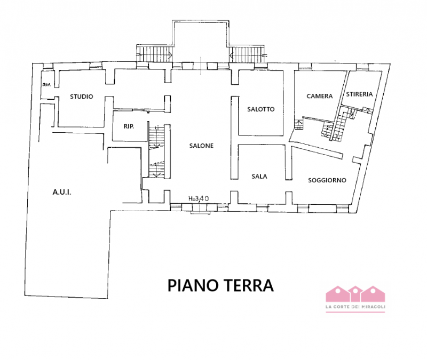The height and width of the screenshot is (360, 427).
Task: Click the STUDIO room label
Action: tap(82, 97)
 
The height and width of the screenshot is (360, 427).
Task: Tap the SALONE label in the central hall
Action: tap(201, 146)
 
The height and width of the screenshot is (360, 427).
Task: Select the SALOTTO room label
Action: tap(261, 109)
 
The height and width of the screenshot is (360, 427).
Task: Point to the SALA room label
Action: tap(259, 176)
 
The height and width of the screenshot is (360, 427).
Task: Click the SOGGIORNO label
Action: tap(327, 180)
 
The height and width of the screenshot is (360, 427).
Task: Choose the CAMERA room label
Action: tap(319, 96)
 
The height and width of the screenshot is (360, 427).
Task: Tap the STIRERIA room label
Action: tap(359, 94)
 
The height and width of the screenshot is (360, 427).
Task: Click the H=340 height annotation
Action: tap(199, 198)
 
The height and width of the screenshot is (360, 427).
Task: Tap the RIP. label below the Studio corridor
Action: tap(128, 126)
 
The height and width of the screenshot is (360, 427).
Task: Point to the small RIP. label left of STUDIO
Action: tap(46, 85)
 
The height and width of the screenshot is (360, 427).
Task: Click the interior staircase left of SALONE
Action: tap(156, 152)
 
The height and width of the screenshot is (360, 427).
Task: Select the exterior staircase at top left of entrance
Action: tap(154, 53)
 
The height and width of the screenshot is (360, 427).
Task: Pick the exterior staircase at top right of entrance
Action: tap(247, 53)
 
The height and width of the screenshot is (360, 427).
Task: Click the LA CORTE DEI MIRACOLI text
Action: tap(355, 306)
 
